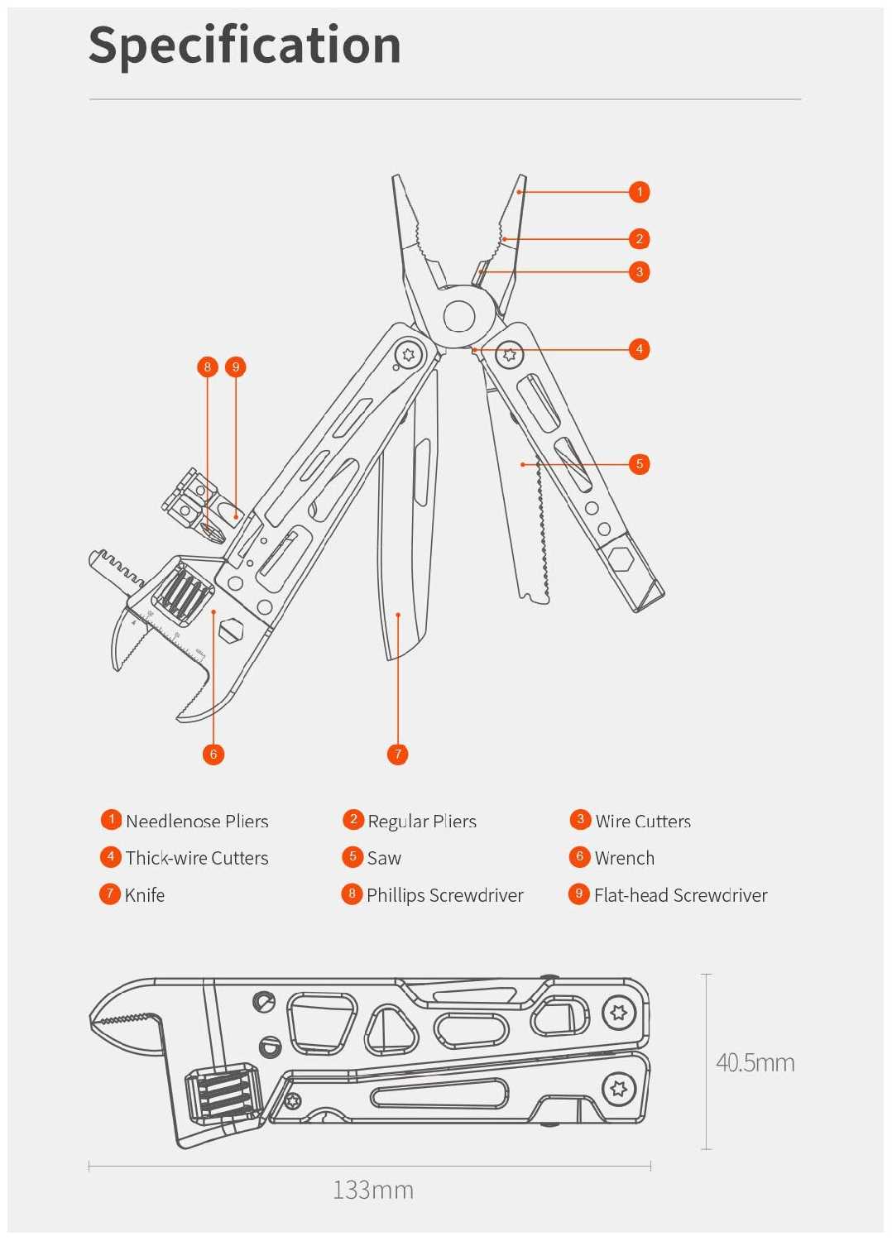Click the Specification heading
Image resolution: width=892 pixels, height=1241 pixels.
pos(245,45)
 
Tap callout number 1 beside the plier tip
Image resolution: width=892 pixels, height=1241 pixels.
pos(639,192)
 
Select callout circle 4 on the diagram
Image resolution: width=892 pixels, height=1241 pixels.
pos(639,349)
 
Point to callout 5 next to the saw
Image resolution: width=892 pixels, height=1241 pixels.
pos(639,464)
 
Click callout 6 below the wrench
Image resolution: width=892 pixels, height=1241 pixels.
pos(213,754)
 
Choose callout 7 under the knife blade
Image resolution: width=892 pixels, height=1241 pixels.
pos(397,754)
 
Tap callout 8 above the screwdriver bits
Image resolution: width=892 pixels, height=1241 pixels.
pos(207,367)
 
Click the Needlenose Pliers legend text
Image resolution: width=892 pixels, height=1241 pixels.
pos(197,822)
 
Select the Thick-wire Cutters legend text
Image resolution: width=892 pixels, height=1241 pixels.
pos(197,858)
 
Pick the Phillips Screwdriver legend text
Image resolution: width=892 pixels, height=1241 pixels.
pos(445,895)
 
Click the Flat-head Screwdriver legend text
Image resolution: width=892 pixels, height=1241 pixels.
pos(680,895)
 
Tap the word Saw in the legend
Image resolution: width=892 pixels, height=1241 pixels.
pos(384,858)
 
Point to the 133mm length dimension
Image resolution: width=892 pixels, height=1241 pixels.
pos(372,1190)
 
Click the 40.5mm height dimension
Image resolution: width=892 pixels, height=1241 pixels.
pos(755,1062)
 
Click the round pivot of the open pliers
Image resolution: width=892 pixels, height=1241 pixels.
pos(459,316)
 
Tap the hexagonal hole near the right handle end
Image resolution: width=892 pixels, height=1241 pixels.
pos(620,558)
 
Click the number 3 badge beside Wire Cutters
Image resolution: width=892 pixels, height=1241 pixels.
pos(580,820)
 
